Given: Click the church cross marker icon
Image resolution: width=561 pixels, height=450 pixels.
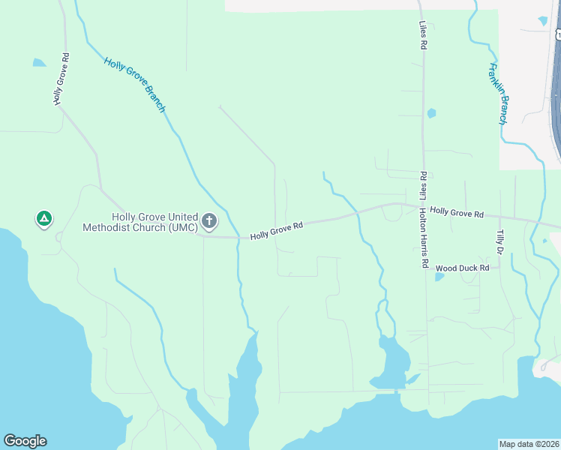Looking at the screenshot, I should pyautogui.click(x=209, y=221).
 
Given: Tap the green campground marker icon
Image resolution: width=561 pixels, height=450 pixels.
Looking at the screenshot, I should pyautogui.click(x=44, y=219).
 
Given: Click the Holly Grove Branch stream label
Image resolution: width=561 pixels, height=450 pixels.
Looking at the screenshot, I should pyautogui.click(x=134, y=85).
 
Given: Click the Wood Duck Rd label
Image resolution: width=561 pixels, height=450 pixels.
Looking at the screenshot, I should pyautogui.click(x=462, y=268).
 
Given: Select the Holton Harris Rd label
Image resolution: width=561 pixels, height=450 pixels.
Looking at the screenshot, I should pyautogui.click(x=423, y=238).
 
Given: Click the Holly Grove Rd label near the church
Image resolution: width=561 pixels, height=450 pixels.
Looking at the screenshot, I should pyautogui.click(x=276, y=230).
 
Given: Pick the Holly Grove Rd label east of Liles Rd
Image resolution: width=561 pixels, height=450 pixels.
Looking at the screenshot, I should pyautogui.click(x=456, y=214).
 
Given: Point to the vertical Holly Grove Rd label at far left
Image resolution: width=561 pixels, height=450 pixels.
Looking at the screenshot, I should pyautogui.click(x=61, y=79).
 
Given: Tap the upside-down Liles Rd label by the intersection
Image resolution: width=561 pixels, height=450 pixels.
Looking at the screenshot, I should pyautogui.click(x=423, y=185).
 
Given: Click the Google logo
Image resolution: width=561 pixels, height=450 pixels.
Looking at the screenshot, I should pyautogui.click(x=25, y=441).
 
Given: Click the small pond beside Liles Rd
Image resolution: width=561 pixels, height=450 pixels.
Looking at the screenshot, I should pyautogui.click(x=431, y=114).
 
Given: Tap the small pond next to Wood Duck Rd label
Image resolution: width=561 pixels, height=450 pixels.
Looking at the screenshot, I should pyautogui.click(x=439, y=276).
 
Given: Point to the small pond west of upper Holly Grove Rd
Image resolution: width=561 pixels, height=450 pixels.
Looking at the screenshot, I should pyautogui.click(x=39, y=63).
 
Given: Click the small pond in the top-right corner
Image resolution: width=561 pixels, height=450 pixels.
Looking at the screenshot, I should pyautogui.click(x=542, y=20).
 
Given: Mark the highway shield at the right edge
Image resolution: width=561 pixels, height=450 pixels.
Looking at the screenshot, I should pyautogui.click(x=557, y=35).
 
